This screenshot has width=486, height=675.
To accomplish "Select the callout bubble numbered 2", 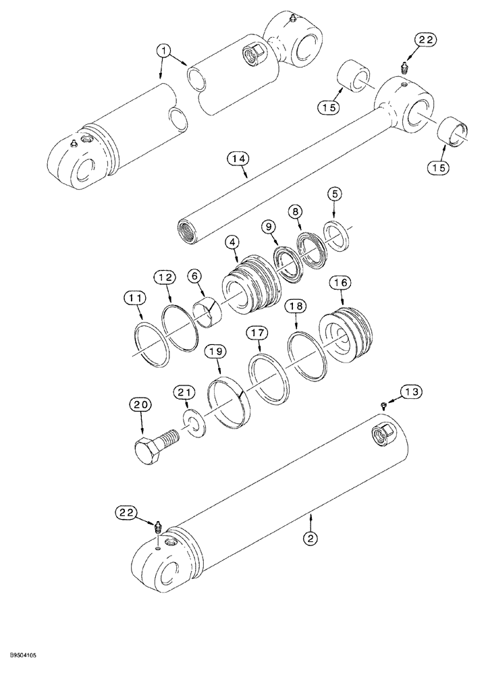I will (x=310, y=538).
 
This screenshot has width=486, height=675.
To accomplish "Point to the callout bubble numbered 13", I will (x=412, y=391).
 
